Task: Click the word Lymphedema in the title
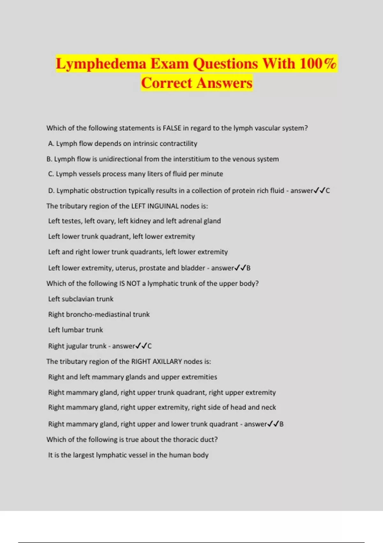coord(101,64)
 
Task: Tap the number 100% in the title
coord(318,64)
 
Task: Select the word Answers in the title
coord(224,83)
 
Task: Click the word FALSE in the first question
coord(172,128)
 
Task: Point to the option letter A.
coord(51,144)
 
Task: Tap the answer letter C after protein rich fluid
coord(327,191)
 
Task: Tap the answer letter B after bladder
coord(248,268)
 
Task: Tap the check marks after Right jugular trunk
coord(141,346)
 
